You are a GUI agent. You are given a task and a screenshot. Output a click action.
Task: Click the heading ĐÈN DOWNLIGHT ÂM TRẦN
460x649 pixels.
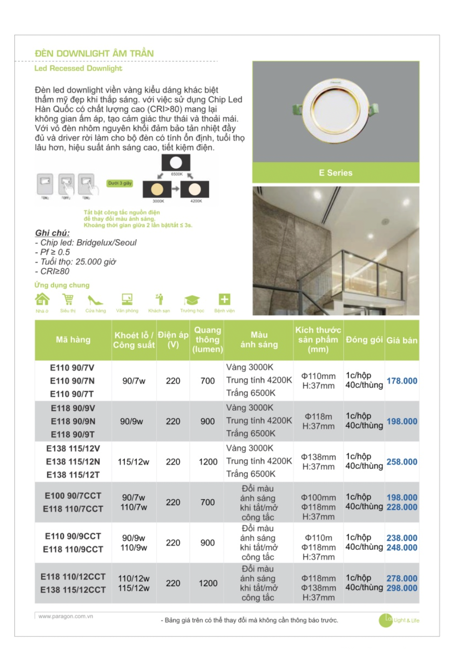(x=94, y=54)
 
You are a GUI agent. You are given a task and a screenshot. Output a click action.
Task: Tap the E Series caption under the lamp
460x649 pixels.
(x=335, y=173)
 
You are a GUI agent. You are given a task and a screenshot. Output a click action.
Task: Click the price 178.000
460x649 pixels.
(x=401, y=381)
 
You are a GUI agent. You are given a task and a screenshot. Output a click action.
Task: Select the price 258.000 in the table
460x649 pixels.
(x=401, y=462)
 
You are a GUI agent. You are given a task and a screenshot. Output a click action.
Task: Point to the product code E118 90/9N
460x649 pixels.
(x=73, y=421)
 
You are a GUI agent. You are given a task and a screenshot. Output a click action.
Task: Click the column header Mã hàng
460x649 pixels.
(x=73, y=340)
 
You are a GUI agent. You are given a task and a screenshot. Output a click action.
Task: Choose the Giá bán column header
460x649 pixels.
(x=401, y=340)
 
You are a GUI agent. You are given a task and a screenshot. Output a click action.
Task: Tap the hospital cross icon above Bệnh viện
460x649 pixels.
(x=224, y=299)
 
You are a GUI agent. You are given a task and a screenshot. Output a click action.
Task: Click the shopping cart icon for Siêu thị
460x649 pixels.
(x=68, y=299)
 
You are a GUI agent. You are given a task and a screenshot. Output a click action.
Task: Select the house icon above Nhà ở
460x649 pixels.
(x=42, y=299)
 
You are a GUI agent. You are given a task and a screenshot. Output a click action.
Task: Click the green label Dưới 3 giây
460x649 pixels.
(x=120, y=183)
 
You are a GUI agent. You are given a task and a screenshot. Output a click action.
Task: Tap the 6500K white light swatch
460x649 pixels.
(x=176, y=163)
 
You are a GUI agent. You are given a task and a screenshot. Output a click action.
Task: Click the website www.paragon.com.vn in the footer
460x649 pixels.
(x=66, y=616)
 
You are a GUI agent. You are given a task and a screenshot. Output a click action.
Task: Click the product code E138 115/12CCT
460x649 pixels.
(x=73, y=590)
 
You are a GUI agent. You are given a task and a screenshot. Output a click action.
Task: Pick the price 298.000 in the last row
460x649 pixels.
(x=401, y=588)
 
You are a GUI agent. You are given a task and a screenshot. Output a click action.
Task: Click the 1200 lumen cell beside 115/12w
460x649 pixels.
(x=208, y=462)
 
